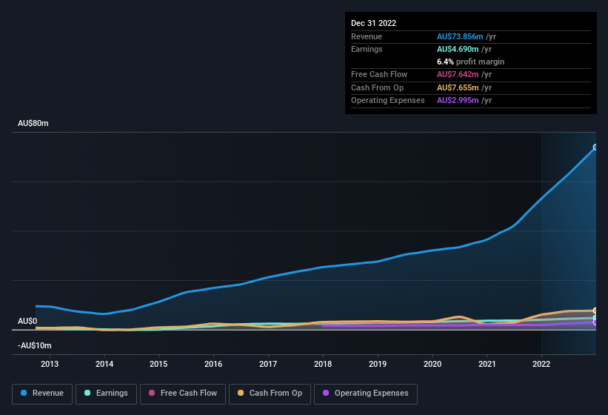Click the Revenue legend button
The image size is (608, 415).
(42, 394)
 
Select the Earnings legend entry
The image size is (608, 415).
(106, 394)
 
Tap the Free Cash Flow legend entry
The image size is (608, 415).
(183, 394)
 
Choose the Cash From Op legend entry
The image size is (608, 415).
(270, 394)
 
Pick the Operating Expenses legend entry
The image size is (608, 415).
(366, 394)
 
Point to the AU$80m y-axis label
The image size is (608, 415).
(33, 124)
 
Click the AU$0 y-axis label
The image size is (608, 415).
(27, 321)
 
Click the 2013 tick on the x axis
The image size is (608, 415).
(50, 364)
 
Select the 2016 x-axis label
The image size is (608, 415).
(213, 364)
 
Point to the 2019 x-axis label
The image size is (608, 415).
(378, 364)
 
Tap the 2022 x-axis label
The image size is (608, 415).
(541, 364)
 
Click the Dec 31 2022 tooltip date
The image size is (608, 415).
(373, 23)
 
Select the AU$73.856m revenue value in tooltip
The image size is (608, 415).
(460, 36)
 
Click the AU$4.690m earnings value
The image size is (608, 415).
(458, 49)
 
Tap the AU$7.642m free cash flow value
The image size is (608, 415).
(458, 74)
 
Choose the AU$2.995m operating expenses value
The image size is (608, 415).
(458, 100)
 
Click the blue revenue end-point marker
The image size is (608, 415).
(595, 147)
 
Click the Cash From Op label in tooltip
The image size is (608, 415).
(377, 87)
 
